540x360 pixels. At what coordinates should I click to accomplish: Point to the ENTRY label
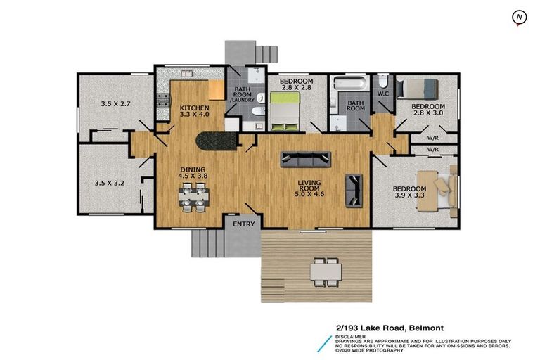pos(243,224)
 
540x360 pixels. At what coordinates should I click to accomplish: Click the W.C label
pos(383,93)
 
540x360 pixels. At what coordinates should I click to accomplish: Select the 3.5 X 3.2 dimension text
pos(109,183)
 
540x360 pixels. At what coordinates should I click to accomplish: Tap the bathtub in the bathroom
pos(347,85)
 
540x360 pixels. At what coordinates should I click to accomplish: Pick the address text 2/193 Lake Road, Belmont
pos(389,327)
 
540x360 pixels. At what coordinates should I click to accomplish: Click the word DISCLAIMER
pos(352,336)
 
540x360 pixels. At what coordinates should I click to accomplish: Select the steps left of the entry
pos(207,243)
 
